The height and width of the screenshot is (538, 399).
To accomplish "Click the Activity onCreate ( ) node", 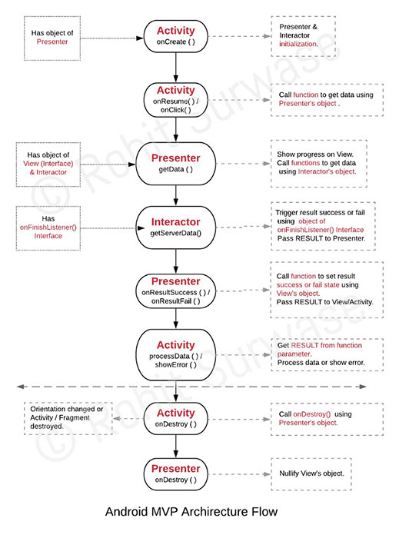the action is [x=175, y=36].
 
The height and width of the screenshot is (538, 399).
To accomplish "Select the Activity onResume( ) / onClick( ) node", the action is [x=175, y=100].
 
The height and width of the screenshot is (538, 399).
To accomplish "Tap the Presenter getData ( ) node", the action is [x=175, y=164].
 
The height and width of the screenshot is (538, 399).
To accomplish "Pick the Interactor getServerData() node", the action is [x=175, y=227].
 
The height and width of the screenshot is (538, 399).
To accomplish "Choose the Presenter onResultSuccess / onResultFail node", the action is [x=175, y=291].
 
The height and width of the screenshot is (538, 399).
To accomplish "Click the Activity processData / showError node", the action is [x=175, y=355].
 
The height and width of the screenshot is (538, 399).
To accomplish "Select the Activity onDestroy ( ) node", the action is [x=175, y=419].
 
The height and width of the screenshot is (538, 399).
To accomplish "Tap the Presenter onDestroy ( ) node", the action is [x=175, y=474].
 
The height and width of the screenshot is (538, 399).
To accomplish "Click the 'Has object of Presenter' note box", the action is [x=52, y=38].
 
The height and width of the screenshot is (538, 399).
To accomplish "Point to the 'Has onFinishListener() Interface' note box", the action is [x=48, y=227].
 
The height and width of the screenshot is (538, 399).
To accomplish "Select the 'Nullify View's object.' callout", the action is [x=311, y=474].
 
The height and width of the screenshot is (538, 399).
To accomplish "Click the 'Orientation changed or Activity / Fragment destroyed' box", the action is [x=68, y=419].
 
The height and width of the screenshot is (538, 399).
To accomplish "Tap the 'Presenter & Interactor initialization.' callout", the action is [x=303, y=36].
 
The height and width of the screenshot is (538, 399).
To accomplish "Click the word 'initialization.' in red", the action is [x=298, y=44].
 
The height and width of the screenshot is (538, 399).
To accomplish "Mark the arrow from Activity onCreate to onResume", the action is [x=175, y=68].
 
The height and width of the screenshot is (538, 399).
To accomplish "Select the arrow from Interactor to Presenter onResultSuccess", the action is [x=175, y=261].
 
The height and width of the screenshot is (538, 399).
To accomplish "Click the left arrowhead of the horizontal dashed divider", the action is [x=20, y=387].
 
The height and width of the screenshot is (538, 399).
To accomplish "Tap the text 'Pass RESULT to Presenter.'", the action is [x=321, y=238].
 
